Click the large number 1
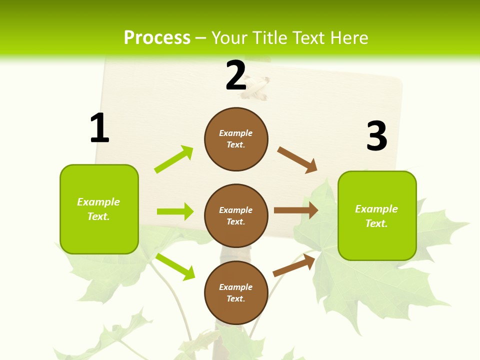99,128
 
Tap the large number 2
236,75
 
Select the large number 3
376,135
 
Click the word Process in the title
157,37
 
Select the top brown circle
236,139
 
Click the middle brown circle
236,215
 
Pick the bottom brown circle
236,292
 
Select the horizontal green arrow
175,211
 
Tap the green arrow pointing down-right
175,266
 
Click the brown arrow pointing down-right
297,160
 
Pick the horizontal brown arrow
296,210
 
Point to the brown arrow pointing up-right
294,265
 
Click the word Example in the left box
98,202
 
